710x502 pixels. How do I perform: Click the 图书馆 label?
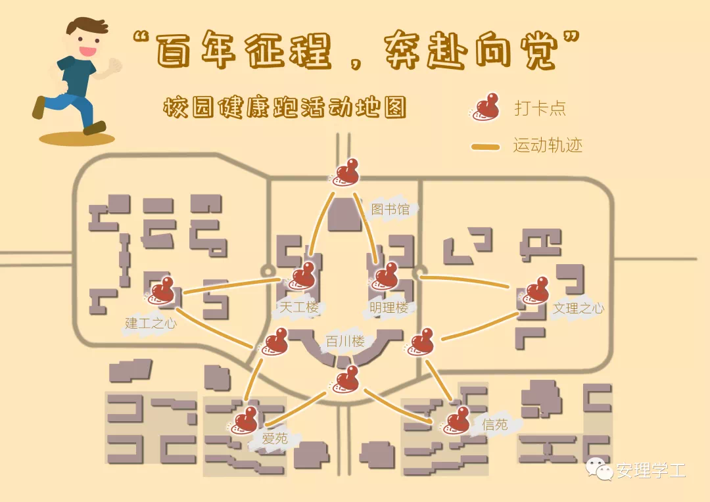click(390, 210)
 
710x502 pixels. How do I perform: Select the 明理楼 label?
click(389, 308)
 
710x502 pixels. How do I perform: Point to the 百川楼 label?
click(345, 342)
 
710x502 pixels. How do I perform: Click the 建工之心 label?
click(151, 323)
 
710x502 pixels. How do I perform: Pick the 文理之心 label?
click(578, 308)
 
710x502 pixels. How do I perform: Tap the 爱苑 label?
click(275, 438)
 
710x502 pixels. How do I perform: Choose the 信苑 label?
click(494, 424)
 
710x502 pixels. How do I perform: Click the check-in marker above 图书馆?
click(346, 172)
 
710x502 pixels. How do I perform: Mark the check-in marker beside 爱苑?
click(245, 420)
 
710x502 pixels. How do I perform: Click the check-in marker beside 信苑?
click(456, 421)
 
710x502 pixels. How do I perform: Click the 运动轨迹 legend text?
click(548, 145)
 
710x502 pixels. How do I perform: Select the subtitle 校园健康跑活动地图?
click(285, 108)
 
